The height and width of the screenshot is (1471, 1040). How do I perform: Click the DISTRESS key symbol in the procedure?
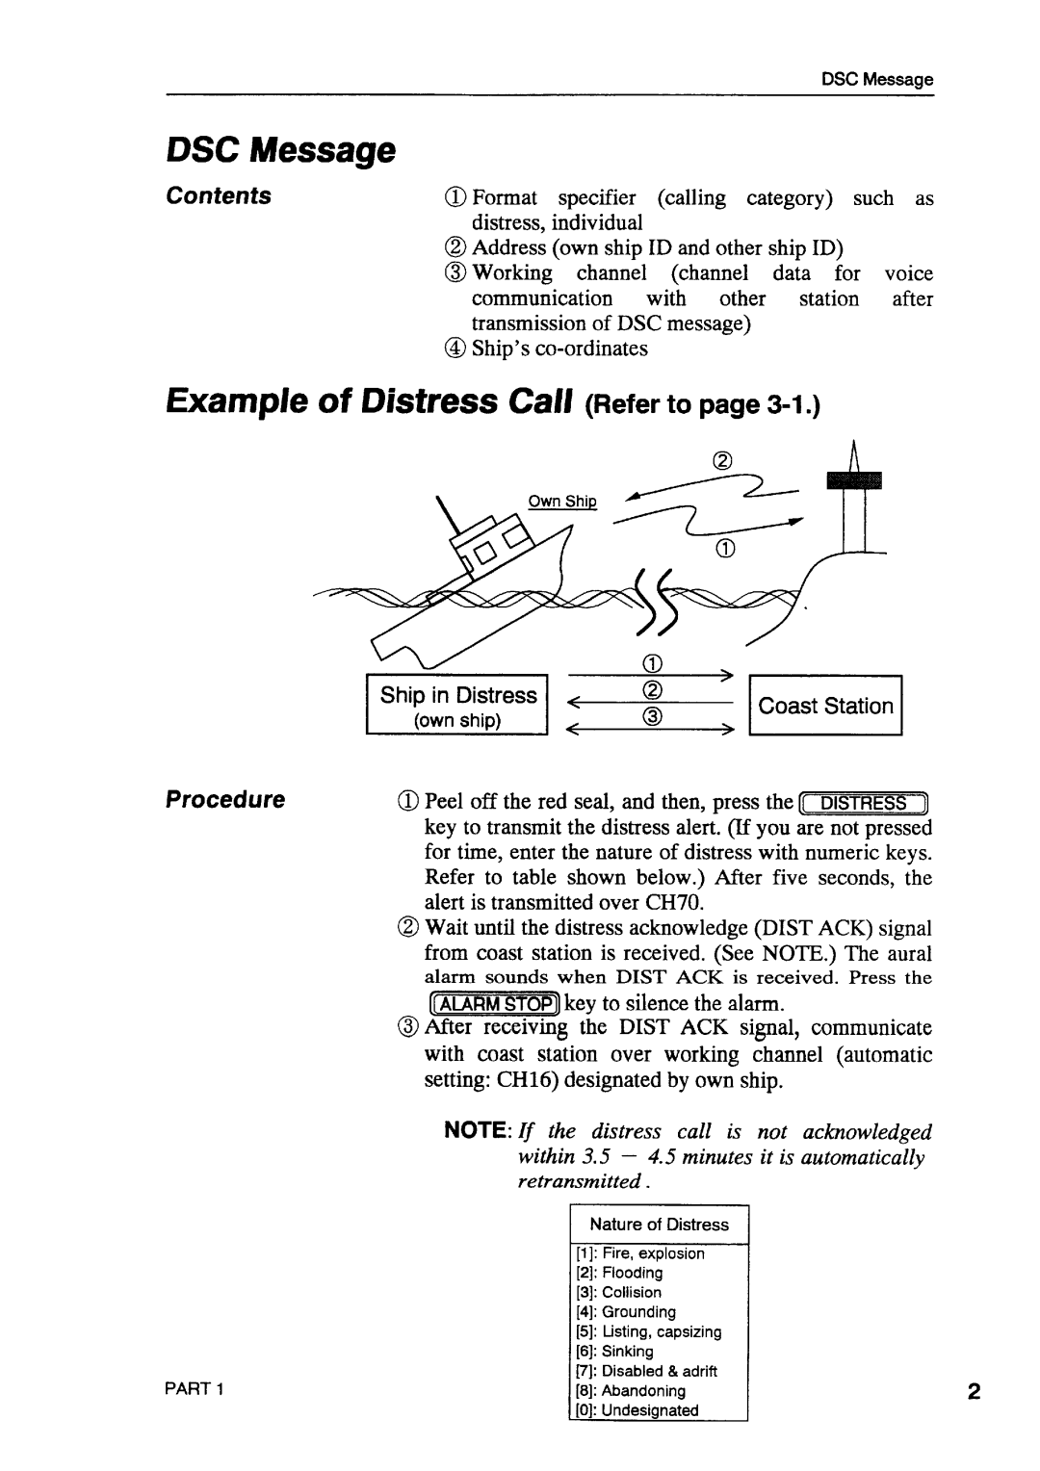coord(863,803)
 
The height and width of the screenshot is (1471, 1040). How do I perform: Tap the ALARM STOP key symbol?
coord(493,1003)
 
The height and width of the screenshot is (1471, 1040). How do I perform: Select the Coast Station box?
coord(825,705)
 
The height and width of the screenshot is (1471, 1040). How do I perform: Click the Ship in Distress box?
coord(456,704)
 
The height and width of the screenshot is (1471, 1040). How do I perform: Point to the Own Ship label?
coord(562,501)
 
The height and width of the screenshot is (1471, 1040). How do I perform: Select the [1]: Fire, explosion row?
coord(640,1253)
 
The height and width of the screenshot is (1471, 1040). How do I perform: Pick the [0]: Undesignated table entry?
coord(637,1410)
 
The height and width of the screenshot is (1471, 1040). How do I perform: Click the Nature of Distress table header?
coord(659,1225)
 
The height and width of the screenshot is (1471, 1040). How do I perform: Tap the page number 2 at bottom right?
coord(974,1391)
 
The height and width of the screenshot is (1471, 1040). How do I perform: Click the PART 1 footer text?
coord(194,1388)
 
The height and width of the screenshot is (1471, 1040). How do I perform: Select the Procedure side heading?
coord(225,799)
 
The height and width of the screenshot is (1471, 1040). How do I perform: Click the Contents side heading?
coord(219,195)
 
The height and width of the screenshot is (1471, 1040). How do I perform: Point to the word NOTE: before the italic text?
coord(478,1130)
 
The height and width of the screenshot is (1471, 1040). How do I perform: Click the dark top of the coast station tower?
coord(854,480)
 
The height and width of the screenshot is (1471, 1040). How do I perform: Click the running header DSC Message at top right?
coord(877,80)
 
